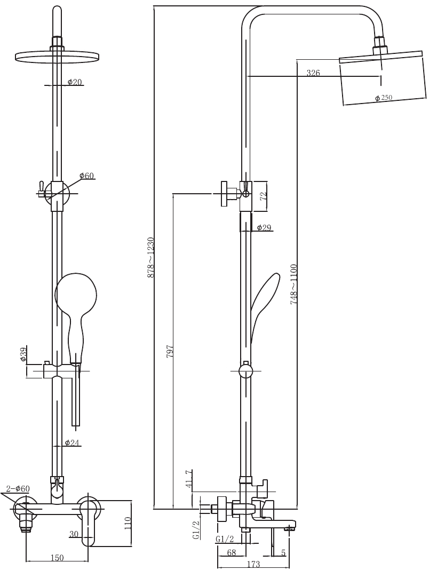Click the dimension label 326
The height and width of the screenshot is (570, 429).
313,73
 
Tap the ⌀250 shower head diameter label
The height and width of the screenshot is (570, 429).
384,98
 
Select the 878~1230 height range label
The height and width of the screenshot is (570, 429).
151,257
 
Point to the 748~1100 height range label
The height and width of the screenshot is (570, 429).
294,284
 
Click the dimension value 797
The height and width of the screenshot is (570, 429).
170,352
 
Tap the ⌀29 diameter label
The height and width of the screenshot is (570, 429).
264,227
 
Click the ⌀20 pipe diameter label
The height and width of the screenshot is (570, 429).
75,82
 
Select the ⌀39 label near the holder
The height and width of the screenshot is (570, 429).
23,354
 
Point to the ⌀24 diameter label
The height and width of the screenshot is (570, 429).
72,442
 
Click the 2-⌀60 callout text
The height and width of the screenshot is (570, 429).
18,488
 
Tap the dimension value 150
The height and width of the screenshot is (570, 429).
57,558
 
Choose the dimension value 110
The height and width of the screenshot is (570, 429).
128,524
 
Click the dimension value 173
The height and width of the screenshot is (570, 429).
253,564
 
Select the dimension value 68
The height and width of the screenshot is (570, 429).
231,552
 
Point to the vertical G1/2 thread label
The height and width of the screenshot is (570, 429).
196,531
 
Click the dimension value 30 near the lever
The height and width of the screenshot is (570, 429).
74,534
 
